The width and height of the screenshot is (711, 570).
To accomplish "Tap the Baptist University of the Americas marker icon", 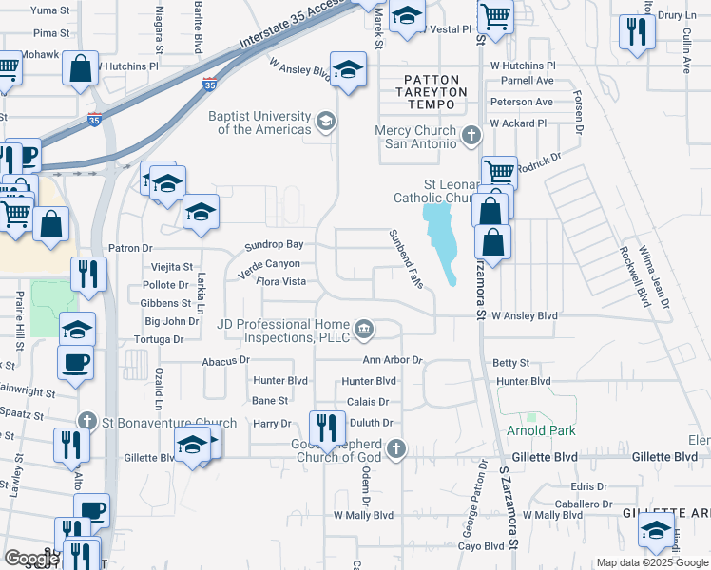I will click(x=326, y=121).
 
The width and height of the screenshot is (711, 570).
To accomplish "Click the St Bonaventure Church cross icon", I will click(x=87, y=421).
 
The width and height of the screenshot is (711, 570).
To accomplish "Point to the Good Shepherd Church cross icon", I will click(x=396, y=448).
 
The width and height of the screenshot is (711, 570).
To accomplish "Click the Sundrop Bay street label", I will click(x=274, y=245).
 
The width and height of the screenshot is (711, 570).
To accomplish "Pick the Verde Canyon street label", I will click(x=268, y=264).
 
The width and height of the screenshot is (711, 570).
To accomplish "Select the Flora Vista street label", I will click(x=280, y=282).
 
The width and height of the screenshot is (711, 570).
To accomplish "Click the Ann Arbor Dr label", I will click(x=392, y=361).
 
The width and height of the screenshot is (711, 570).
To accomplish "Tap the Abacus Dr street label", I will click(x=225, y=361).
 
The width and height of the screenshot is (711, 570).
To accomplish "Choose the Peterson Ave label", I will click(x=521, y=103).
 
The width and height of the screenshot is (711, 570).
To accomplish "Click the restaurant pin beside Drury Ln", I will click(x=635, y=32).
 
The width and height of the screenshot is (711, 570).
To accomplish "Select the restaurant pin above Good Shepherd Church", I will click(x=324, y=427).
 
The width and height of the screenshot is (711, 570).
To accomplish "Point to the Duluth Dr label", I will click(x=371, y=422).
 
